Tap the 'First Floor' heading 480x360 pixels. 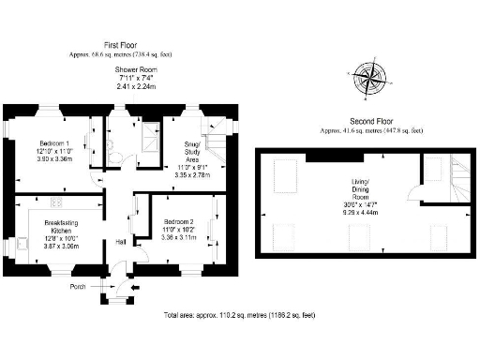coord(123,44)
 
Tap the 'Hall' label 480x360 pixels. coord(121,242)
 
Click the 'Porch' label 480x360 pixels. coord(78,286)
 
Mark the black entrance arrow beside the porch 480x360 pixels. coord(138,288)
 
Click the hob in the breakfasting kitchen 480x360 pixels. coord(54,201)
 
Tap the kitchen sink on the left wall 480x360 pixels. coord(22,246)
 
